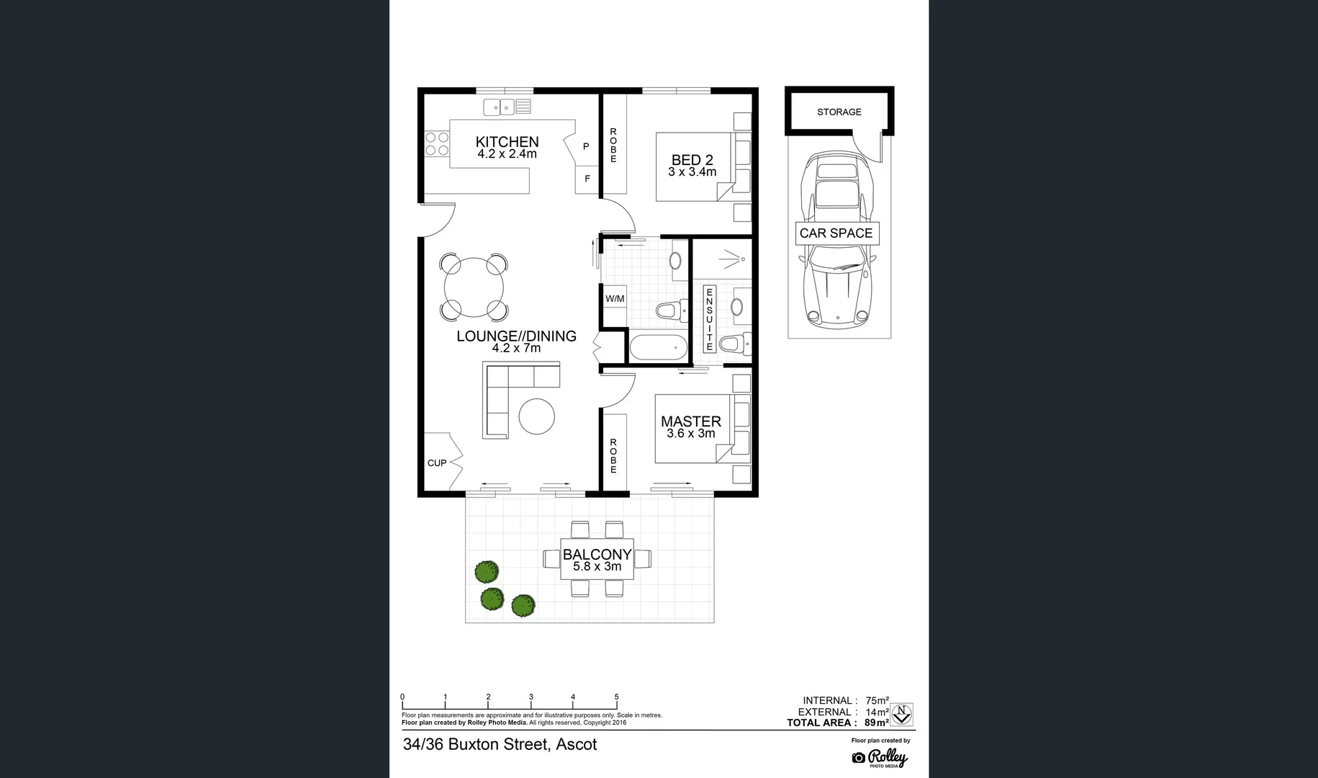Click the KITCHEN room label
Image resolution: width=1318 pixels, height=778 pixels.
[507, 142]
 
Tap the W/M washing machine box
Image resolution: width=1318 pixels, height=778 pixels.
[615, 298]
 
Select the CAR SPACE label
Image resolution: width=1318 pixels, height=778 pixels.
[836, 233]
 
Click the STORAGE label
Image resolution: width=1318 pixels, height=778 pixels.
[839, 112]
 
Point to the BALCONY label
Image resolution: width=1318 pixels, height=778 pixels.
[597, 554]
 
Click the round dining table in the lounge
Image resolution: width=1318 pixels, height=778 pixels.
[474, 287]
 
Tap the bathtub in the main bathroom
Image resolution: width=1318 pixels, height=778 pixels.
[658, 349]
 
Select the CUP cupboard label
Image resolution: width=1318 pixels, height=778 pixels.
[436, 463]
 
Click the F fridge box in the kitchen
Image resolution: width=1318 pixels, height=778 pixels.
[587, 179]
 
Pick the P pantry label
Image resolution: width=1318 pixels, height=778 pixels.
[586, 146]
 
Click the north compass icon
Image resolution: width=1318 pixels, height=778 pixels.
[902, 715]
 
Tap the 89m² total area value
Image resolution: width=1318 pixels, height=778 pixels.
[877, 723]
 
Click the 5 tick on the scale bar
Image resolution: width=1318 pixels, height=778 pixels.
[616, 697]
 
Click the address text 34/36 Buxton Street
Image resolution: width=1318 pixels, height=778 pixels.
[500, 744]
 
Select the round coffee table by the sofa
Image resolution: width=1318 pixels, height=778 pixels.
[537, 416]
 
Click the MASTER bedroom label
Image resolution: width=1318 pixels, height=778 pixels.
[690, 421]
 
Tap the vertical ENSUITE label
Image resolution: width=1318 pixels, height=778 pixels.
[709, 318]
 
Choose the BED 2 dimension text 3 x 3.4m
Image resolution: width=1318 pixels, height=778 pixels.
[692, 172]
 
